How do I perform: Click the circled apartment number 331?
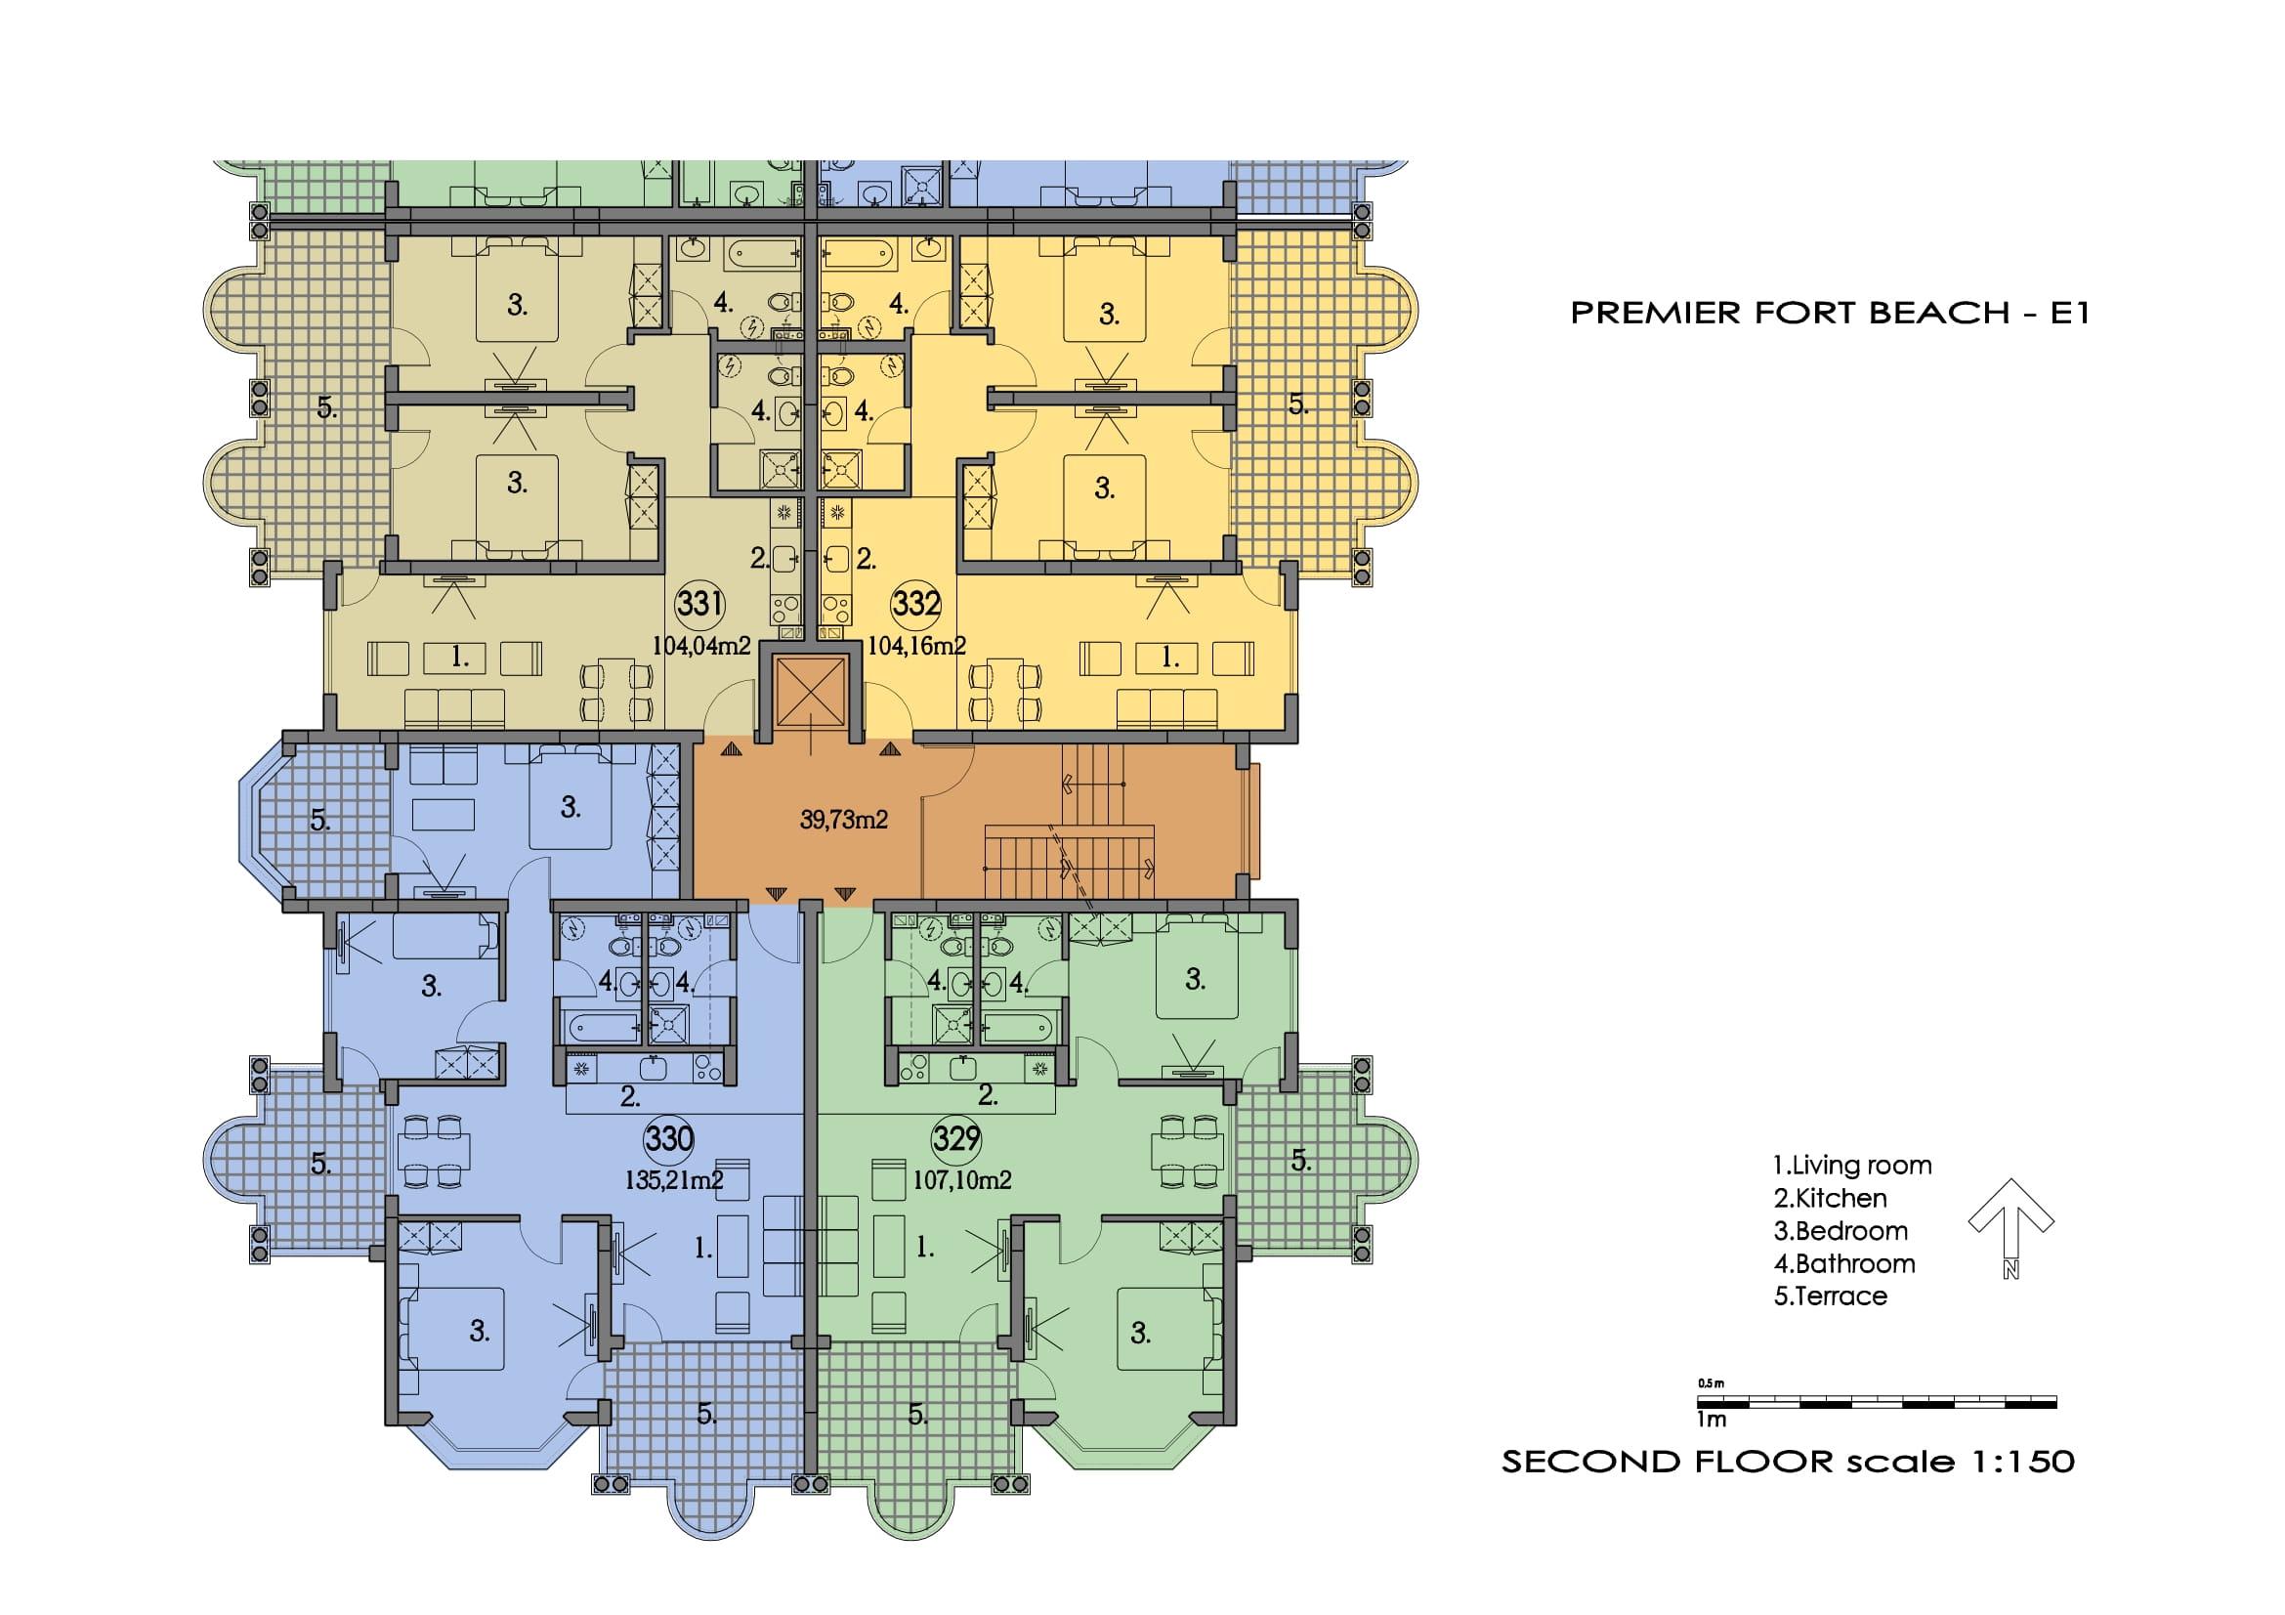[699, 604]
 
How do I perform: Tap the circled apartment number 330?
[669, 1138]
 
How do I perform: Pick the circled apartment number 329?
[956, 1138]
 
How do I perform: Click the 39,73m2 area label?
[844, 820]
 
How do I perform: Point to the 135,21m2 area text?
[674, 1181]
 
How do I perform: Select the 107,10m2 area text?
[962, 1181]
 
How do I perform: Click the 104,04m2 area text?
[701, 646]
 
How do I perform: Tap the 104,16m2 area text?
[916, 646]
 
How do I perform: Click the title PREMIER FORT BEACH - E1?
[1829, 314]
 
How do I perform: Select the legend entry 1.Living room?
[1852, 1166]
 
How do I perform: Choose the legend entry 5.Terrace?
[1830, 1296]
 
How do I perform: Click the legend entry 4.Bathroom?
[1844, 1263]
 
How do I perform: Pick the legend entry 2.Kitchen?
[1830, 1198]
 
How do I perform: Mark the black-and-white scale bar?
[1877, 1402]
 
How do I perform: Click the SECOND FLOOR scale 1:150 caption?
[1789, 1462]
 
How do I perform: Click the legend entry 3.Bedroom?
[1841, 1231]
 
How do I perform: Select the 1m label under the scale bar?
[1712, 1419]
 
